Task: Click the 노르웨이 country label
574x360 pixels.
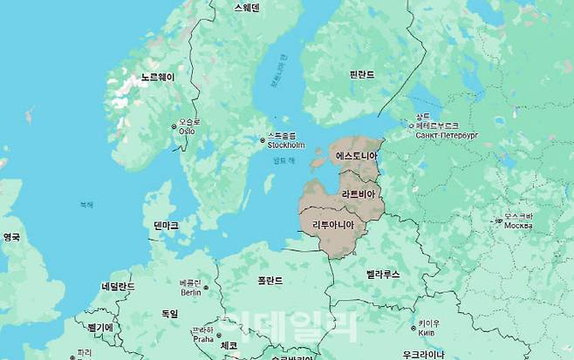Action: [x=158, y=78]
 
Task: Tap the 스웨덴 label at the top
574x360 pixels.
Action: [x=247, y=7]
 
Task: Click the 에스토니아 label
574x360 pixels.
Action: [x=357, y=156]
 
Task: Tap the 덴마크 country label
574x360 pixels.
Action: [x=166, y=226]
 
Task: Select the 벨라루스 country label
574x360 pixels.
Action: [x=382, y=275]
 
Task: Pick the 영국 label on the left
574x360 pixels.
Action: [x=11, y=237]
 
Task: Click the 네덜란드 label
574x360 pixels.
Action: [x=118, y=287]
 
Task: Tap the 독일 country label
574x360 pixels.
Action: [x=169, y=314]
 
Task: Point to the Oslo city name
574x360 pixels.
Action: [x=188, y=131]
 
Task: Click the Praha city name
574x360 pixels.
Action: [x=202, y=339]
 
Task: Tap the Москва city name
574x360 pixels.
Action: [x=518, y=226]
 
